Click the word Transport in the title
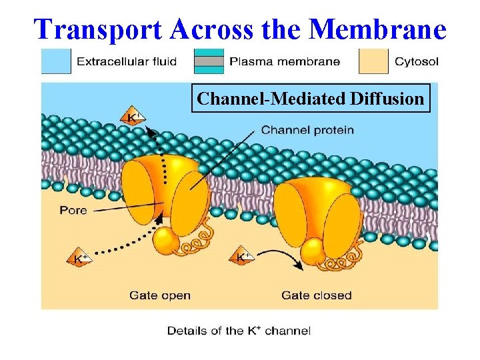click(98, 29)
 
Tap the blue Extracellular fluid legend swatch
click(56, 61)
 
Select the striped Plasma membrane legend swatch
click(209, 61)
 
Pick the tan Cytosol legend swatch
click(373, 61)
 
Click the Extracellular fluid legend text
click(127, 62)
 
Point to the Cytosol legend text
click(416, 62)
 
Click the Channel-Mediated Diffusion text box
click(311, 99)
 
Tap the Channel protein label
click(307, 130)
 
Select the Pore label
click(73, 211)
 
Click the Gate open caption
click(160, 295)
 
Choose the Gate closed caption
click(316, 295)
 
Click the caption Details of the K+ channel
click(238, 331)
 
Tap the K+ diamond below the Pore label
click(79, 258)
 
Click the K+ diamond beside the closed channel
click(244, 256)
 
